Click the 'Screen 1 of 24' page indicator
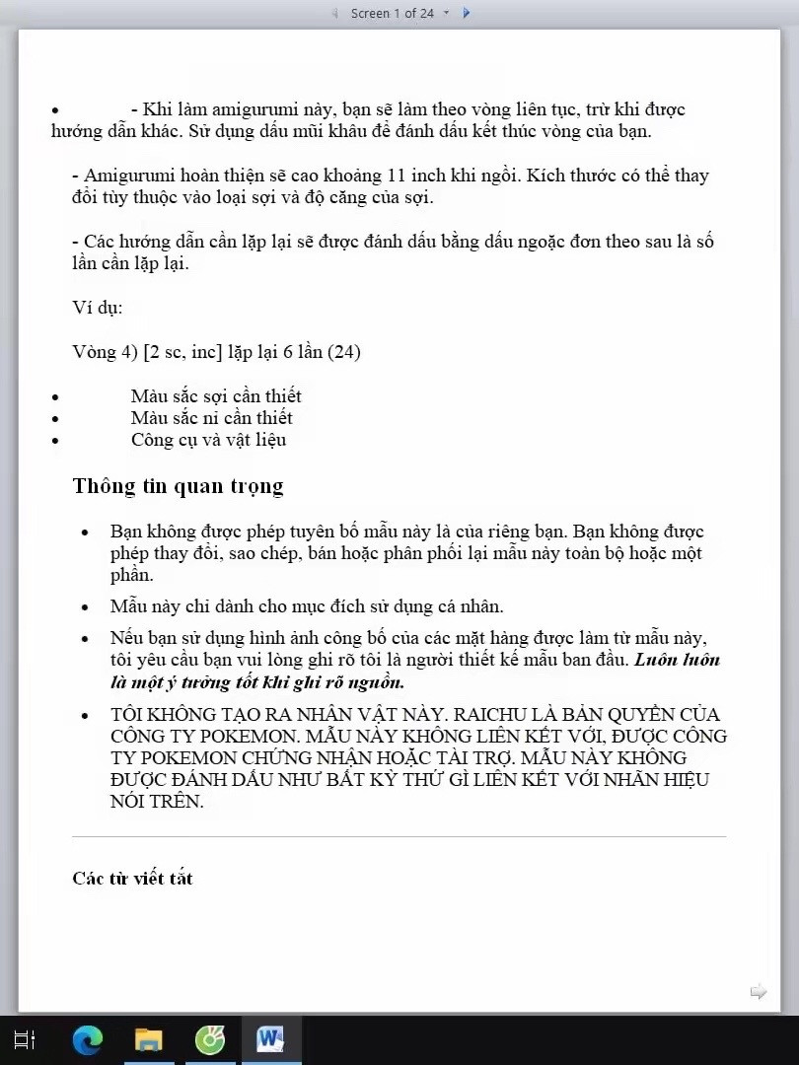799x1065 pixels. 392,13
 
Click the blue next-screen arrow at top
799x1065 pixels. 467,13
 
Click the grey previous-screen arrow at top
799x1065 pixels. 334,13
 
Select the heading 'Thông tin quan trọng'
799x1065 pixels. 178,485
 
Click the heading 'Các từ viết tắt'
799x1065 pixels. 132,878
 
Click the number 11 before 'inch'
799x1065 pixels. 398,176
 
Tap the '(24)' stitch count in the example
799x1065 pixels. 343,351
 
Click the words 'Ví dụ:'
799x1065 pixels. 97,307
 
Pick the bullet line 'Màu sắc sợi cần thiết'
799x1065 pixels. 216,395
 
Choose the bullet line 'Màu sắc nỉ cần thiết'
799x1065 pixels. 211,417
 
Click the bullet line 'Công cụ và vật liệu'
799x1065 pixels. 208,439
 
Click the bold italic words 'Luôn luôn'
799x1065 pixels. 677,660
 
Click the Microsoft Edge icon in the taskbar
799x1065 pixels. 88,1039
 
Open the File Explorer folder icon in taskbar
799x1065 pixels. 149,1039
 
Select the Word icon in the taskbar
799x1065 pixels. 270,1039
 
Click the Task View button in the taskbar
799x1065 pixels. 25,1039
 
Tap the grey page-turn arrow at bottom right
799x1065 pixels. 758,991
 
